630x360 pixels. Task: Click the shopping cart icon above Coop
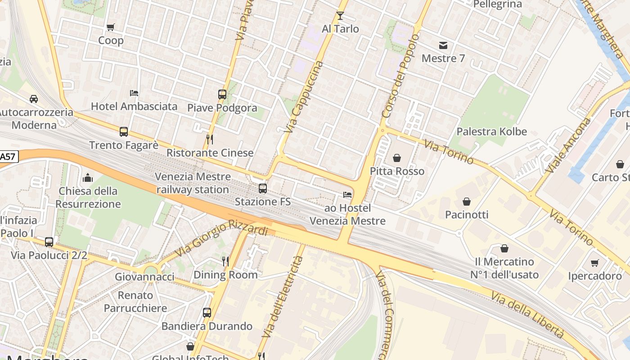[111, 27]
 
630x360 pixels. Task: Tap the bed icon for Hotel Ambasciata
[134, 93]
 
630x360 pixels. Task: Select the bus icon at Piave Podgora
[222, 94]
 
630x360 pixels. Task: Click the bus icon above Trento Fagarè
[124, 132]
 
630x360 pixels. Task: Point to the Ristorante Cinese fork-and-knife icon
[209, 139]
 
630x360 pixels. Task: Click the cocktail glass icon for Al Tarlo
[340, 16]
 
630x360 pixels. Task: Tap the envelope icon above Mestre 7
[443, 45]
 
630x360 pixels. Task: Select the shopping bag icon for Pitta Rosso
[397, 158]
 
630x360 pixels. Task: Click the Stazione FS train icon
[263, 189]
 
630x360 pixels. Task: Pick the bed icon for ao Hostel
[347, 195]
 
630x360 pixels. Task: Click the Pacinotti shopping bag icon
[467, 201]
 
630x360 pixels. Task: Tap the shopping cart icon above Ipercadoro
[595, 263]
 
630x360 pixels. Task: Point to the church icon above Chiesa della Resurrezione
[88, 178]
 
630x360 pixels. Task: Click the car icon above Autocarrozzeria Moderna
[34, 99]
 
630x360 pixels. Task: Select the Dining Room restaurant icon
[225, 261]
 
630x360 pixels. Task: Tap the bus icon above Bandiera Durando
[207, 313]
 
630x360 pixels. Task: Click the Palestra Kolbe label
[491, 131]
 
